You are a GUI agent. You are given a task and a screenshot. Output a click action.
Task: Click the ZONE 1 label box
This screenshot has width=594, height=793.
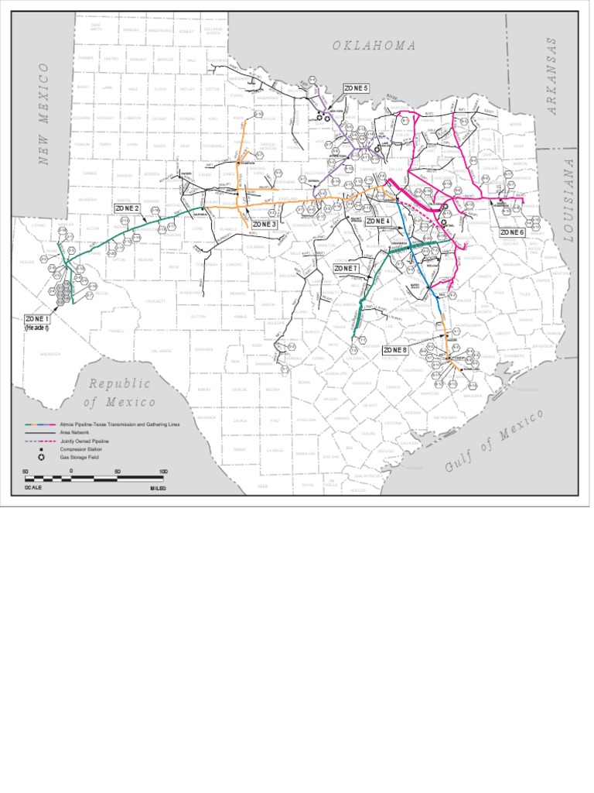(x=36, y=319)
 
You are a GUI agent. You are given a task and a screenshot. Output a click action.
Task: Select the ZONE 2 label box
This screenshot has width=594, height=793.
(x=127, y=208)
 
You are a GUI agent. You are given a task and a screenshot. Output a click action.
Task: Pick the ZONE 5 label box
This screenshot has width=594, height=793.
(x=356, y=88)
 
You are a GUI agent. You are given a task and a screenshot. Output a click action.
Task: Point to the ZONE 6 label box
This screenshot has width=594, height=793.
(x=512, y=232)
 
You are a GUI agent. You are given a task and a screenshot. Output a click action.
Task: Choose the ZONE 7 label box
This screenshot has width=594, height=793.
(x=346, y=268)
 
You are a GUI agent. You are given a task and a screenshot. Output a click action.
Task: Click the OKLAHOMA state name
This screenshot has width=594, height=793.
(x=374, y=46)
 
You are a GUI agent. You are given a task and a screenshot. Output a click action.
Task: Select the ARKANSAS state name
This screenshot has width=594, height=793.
(x=552, y=76)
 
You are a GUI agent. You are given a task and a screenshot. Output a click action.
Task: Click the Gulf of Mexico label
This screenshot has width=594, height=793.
(x=495, y=441)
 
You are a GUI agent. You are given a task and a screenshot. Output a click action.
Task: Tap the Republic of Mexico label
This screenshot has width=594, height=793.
(x=120, y=393)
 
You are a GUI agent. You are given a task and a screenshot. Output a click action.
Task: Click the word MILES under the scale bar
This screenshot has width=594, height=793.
(x=158, y=489)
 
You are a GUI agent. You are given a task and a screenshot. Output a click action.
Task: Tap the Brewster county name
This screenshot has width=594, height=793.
(x=49, y=353)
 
